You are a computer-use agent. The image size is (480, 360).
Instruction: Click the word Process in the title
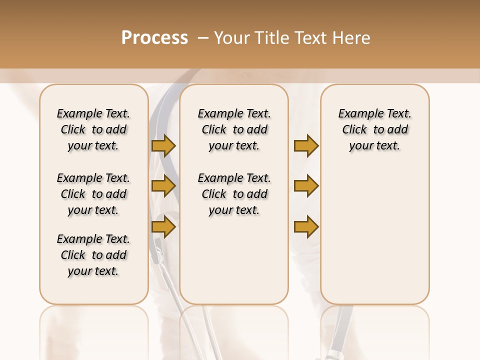154,38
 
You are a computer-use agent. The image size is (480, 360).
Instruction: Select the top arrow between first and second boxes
163,146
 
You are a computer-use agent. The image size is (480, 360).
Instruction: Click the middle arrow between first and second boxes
163,186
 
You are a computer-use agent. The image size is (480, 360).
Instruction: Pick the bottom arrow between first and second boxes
163,226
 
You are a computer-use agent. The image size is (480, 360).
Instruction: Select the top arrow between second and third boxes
306,146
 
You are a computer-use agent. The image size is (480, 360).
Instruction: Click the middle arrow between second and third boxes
306,186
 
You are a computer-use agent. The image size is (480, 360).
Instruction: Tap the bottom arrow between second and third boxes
306,226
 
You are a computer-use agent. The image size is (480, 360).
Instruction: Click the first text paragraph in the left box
93,129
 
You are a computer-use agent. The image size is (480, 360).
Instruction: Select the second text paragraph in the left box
93,194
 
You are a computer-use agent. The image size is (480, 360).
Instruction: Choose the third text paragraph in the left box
93,255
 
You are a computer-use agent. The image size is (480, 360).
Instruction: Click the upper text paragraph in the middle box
234,129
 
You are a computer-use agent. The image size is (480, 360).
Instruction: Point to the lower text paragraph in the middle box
234,194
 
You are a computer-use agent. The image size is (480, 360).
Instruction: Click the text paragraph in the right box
374,129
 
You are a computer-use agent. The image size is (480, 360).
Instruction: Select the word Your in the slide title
231,38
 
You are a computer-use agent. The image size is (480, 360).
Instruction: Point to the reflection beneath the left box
94,330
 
